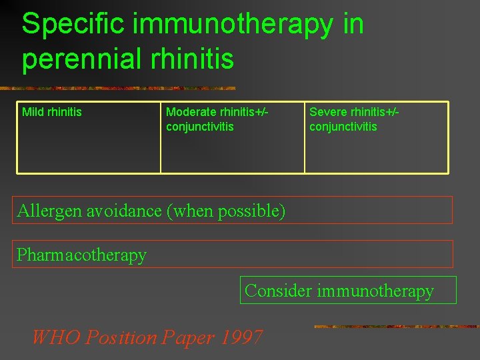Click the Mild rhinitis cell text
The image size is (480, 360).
pos(52,112)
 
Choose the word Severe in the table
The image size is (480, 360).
pos(328,112)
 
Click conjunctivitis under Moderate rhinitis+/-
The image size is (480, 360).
pos(199,127)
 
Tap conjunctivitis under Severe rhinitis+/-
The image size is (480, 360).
pos(343,127)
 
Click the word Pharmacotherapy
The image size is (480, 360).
pos(81,255)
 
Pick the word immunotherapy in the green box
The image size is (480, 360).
pos(376,291)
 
